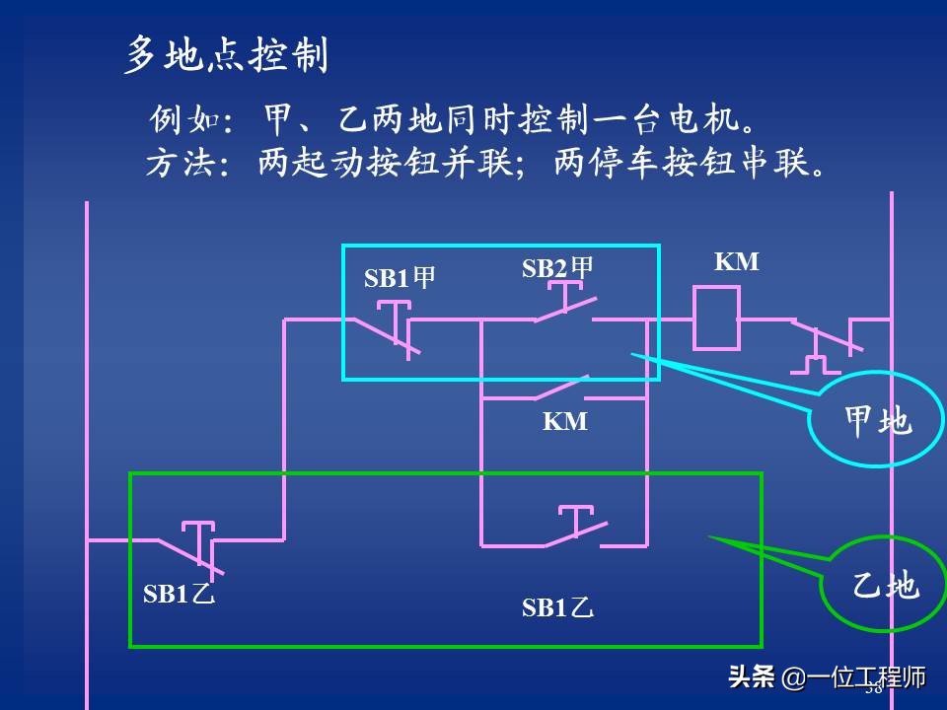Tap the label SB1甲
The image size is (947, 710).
pos(400,278)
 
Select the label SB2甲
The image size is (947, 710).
pos(557,268)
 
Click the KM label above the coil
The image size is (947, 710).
pos(737,262)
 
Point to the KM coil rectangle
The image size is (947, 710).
pos(715,319)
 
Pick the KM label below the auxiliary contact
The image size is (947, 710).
pos(565,422)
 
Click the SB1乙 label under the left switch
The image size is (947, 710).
pos(179,595)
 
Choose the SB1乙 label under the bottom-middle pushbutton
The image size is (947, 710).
pos(557,608)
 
